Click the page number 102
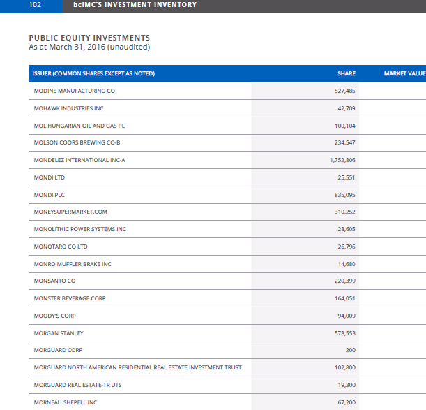pyautogui.click(x=35, y=5)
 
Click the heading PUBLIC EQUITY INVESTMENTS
pyautogui.click(x=89, y=38)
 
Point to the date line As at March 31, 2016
pyautogui.click(x=89, y=47)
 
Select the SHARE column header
pyautogui.click(x=347, y=73)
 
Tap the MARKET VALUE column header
pyautogui.click(x=405, y=73)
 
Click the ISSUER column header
pyautogui.click(x=93, y=73)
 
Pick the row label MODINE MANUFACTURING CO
pyautogui.click(x=75, y=91)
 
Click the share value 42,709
pyautogui.click(x=347, y=108)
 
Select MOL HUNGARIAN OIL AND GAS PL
pyautogui.click(x=79, y=126)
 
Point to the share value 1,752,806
pyautogui.click(x=342, y=160)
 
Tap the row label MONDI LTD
pyautogui.click(x=50, y=177)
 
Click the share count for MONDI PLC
pyautogui.click(x=344, y=195)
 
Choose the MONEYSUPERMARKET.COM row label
pyautogui.click(x=70, y=212)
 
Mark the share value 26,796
pyautogui.click(x=347, y=247)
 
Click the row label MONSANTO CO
pyautogui.click(x=54, y=281)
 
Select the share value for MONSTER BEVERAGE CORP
pyautogui.click(x=344, y=298)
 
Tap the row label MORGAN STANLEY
pyautogui.click(x=59, y=333)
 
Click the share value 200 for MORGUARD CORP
pyautogui.click(x=351, y=350)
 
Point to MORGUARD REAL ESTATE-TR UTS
pyautogui.click(x=77, y=385)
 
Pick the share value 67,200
pyautogui.click(x=347, y=402)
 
